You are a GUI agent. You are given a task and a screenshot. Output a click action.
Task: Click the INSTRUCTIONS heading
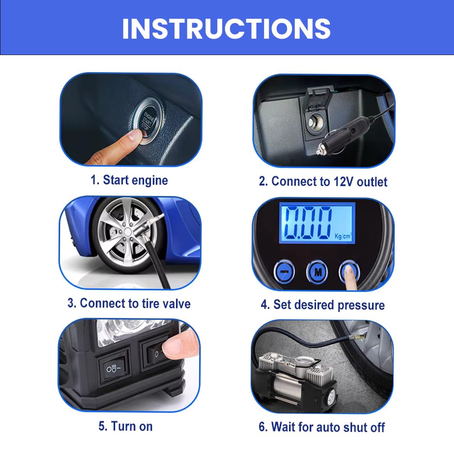pos(227,29)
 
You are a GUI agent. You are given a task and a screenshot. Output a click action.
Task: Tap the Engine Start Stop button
pos(147,121)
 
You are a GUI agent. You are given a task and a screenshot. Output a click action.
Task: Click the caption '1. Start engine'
pos(129,180)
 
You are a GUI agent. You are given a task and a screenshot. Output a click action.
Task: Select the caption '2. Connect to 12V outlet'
pos(323,182)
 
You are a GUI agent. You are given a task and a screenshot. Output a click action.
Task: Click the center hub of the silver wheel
pos(127,232)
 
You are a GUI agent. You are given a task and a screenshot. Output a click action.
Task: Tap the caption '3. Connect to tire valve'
pos(129,304)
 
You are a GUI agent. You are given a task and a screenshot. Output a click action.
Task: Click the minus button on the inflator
pos(284,271)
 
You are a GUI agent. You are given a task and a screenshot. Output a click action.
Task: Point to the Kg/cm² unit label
pos(343,236)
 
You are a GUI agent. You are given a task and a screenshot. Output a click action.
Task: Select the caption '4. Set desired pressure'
pos(323,305)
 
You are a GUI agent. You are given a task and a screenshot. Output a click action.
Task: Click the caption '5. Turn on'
pos(125,426)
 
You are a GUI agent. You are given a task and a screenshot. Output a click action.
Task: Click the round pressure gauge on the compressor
pos(304,362)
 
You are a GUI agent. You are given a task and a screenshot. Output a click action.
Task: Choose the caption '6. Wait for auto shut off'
pos(322,427)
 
